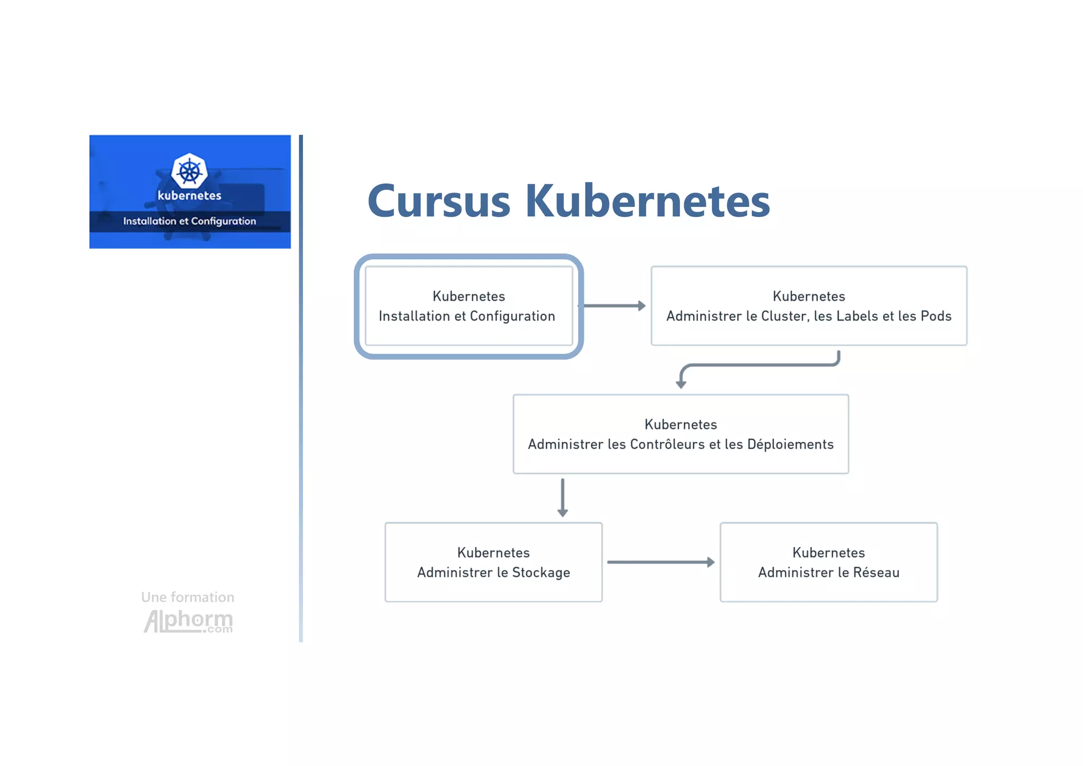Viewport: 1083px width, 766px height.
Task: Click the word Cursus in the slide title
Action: pyautogui.click(x=439, y=201)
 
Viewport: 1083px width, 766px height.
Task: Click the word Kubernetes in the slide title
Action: pyautogui.click(x=647, y=201)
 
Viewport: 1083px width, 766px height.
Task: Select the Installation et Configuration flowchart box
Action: pyautogui.click(x=469, y=306)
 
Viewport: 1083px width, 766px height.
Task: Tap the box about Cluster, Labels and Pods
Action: pyautogui.click(x=809, y=306)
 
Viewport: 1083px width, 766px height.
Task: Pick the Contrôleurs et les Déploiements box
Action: pyautogui.click(x=681, y=434)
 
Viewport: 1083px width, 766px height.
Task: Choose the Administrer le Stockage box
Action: pyautogui.click(x=493, y=562)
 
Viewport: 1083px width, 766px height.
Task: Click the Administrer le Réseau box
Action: pyautogui.click(x=829, y=562)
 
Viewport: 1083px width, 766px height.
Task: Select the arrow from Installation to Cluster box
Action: pyautogui.click(x=613, y=306)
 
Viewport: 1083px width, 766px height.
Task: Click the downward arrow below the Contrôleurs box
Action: pyautogui.click(x=563, y=497)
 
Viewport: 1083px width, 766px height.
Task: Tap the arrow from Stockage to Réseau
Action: pyautogui.click(x=661, y=562)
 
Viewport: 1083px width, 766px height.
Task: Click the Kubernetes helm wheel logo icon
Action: pyautogui.click(x=189, y=171)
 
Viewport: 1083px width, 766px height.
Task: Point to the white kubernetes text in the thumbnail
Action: pyautogui.click(x=189, y=196)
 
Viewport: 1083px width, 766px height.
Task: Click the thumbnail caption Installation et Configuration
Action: pyautogui.click(x=189, y=221)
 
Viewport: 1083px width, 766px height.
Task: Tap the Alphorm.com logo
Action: pyautogui.click(x=188, y=621)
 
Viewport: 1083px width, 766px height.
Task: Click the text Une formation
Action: pyautogui.click(x=188, y=597)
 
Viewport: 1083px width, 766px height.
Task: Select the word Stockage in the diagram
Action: pyautogui.click(x=541, y=572)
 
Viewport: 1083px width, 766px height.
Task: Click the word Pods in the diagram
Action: pyautogui.click(x=936, y=316)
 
